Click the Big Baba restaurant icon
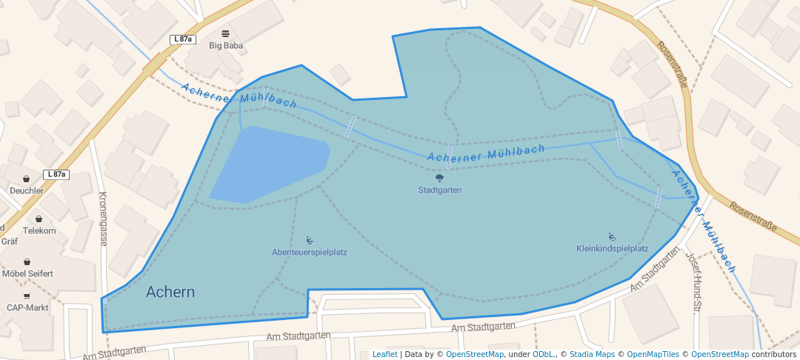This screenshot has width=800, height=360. point(226,33)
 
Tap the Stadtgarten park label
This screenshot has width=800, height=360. point(440,190)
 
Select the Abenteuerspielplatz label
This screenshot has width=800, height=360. point(310,252)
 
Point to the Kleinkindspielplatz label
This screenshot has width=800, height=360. point(612,249)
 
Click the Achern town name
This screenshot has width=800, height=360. point(170,292)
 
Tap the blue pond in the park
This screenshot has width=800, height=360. point(267,163)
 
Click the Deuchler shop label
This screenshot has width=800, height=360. point(27,190)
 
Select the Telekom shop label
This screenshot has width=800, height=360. point(39,230)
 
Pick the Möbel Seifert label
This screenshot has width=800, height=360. point(27,273)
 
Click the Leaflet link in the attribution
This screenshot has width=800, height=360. point(384,355)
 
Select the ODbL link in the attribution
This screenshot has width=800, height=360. point(544,355)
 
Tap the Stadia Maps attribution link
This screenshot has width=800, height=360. point(592,355)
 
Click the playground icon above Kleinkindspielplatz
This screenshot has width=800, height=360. point(612,236)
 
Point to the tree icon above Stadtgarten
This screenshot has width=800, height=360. point(440,178)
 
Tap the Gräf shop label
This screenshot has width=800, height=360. point(9,241)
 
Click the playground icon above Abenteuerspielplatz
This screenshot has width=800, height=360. point(310,240)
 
